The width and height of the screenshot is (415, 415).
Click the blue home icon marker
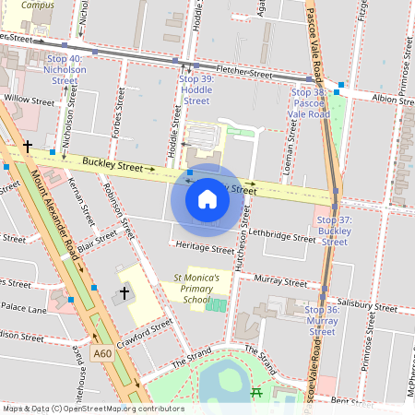click(207, 199)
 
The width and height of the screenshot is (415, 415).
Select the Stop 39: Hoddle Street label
click(196, 90)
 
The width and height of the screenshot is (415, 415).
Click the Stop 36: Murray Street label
click(321, 321)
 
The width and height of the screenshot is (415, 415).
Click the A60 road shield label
click(102, 353)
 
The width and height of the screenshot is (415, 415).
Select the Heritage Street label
click(204, 249)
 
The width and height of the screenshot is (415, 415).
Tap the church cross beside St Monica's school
click(125, 293)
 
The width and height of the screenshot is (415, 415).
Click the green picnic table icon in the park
click(256, 393)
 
